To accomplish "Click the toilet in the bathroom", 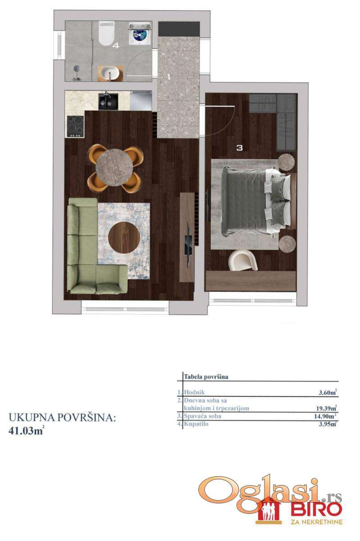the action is click(x=106, y=33).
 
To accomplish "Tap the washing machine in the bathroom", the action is click(x=140, y=33).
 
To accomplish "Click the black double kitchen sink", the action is click(x=108, y=102).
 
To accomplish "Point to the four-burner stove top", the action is click(x=75, y=126).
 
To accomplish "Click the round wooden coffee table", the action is click(x=124, y=238).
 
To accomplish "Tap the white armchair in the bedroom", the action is click(x=243, y=260).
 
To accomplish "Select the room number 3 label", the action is click(x=239, y=147).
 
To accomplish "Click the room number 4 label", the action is click(x=116, y=45).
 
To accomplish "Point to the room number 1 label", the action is click(x=169, y=77).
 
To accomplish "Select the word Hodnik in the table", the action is click(x=194, y=392).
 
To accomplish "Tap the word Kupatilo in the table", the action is click(x=196, y=424).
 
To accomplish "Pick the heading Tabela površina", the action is click(x=206, y=377).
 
